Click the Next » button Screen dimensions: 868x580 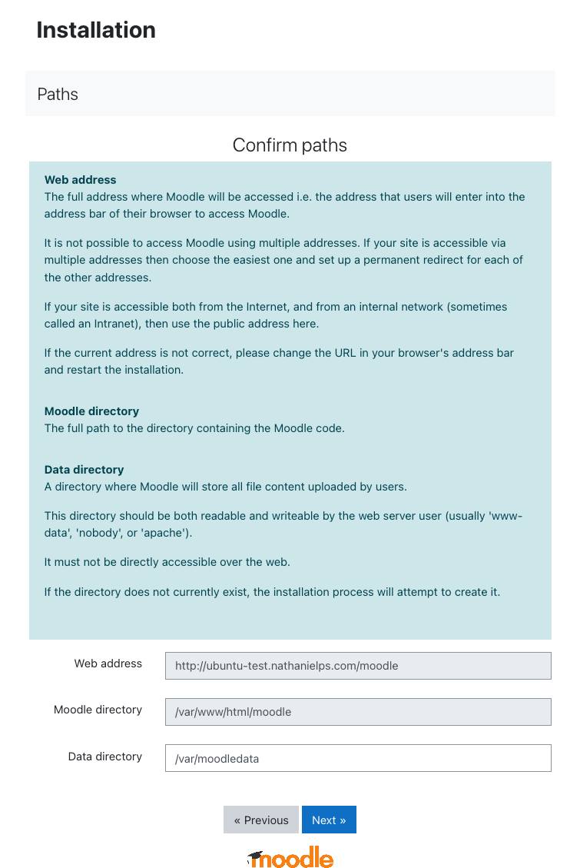tap(329, 820)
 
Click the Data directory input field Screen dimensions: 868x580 tap(358, 758)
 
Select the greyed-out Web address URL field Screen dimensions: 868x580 tap(358, 666)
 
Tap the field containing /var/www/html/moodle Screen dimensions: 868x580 tap(358, 712)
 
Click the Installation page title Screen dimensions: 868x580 tap(96, 30)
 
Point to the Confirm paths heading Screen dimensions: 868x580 tap(290, 145)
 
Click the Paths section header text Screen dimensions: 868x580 tap(58, 94)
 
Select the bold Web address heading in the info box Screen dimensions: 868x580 tap(81, 180)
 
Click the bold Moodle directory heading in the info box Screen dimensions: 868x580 tap(91, 411)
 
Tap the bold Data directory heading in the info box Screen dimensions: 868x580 tap(84, 470)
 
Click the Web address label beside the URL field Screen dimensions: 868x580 tap(108, 663)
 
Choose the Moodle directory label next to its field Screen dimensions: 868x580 tap(98, 710)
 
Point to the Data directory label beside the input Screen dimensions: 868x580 tap(104, 757)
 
